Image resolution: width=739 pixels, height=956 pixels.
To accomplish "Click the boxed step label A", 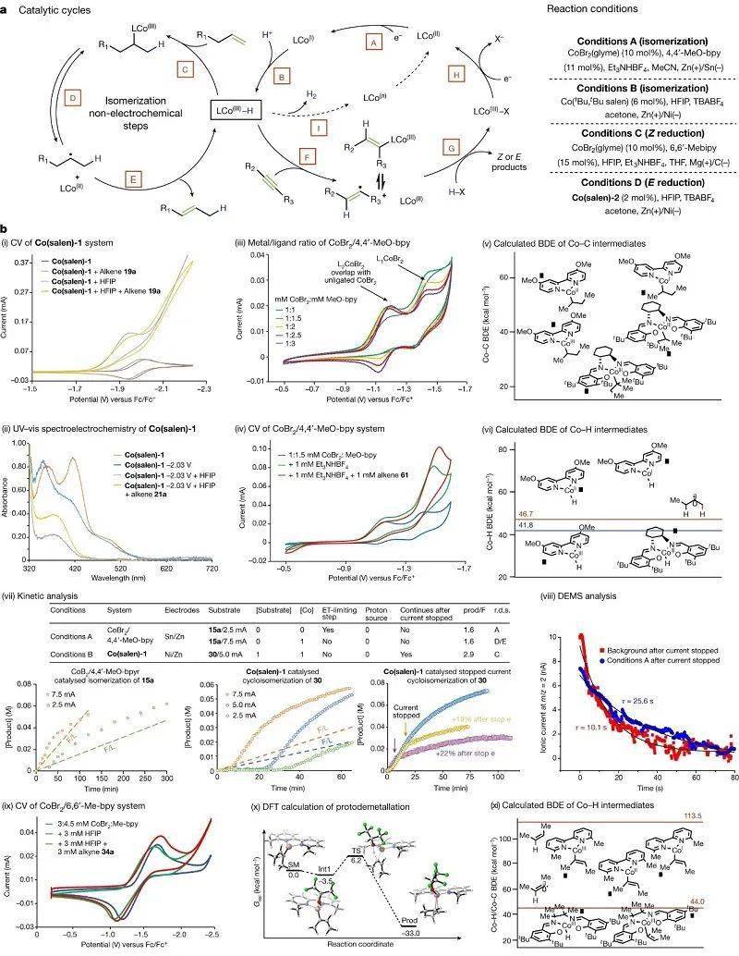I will point(374,43).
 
